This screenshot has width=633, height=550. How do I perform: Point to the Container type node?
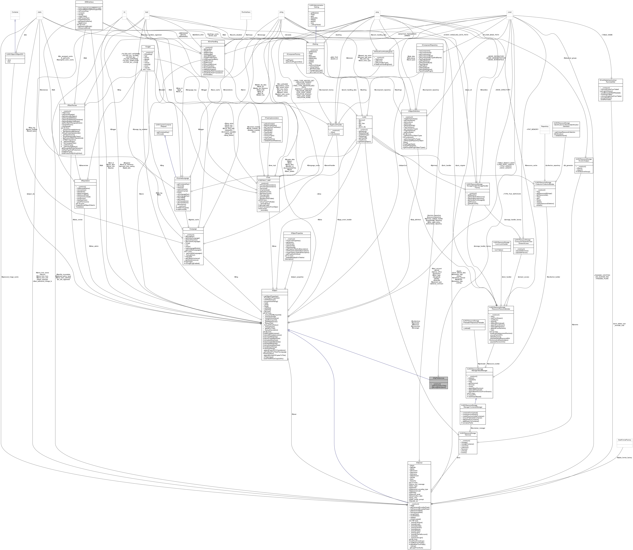pos(15,12)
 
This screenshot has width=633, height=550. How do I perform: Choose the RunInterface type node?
pos(246,12)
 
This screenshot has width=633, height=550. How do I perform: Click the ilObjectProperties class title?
pos(297,233)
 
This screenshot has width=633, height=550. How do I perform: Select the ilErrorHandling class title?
pos(212,41)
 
